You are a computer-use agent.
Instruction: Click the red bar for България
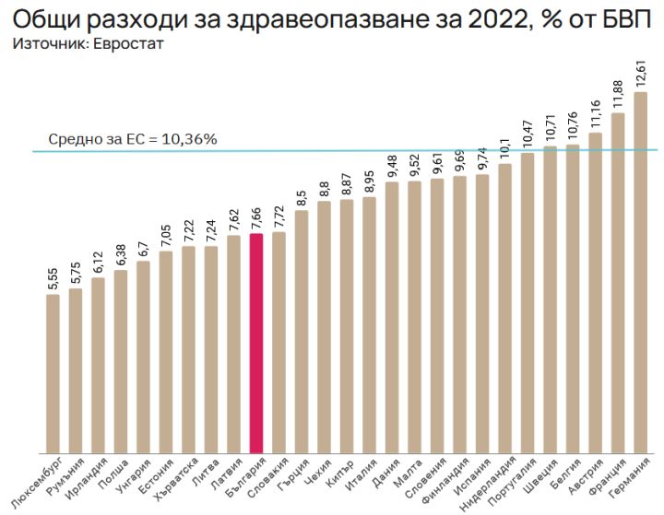click(256, 343)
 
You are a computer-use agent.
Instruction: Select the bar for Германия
click(640, 272)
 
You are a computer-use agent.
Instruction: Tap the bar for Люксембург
click(53, 373)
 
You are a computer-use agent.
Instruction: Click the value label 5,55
click(53, 276)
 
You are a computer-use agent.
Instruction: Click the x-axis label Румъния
click(70, 475)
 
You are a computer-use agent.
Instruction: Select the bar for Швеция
click(550, 299)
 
